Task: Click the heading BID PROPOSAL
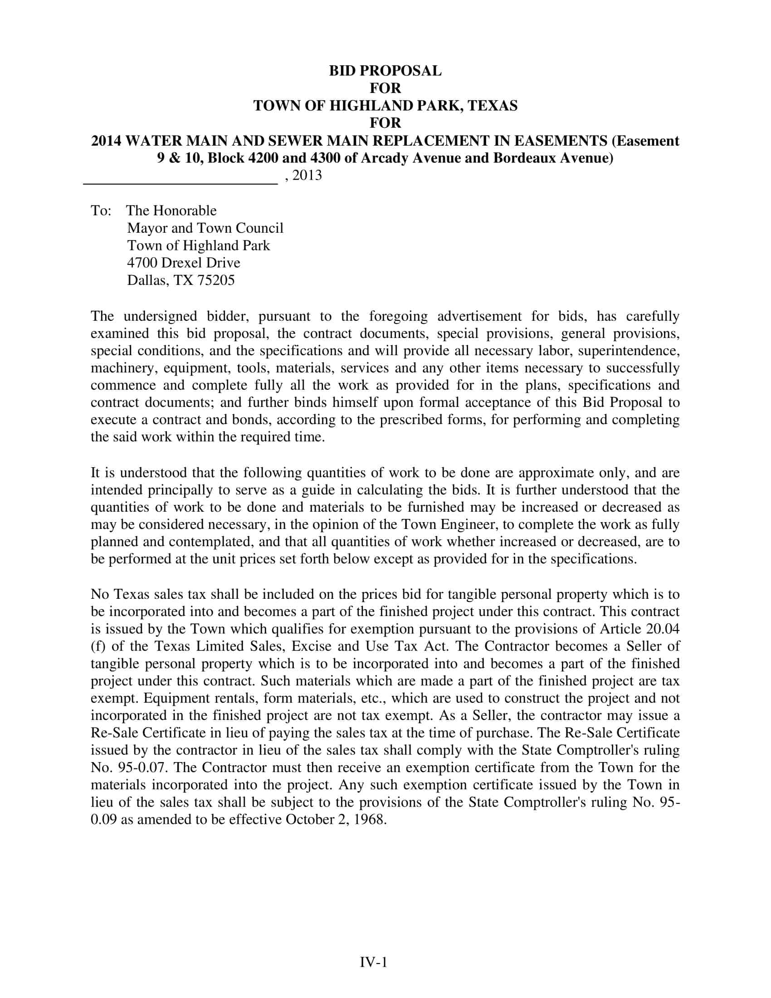tap(385, 71)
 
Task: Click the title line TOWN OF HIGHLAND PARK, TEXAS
tap(385, 106)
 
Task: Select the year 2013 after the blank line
tap(307, 176)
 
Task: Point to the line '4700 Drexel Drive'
tap(184, 263)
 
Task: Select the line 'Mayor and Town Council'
tap(205, 228)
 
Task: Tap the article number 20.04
tap(663, 629)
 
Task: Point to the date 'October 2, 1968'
tap(336, 820)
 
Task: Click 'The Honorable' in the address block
tap(171, 210)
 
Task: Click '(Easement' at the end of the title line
tap(645, 141)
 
